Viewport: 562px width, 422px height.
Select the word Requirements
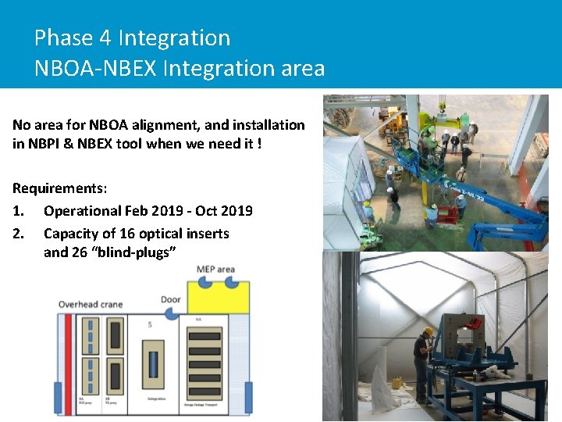tap(58, 188)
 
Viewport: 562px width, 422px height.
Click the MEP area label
tap(215, 270)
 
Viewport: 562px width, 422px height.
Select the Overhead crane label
tap(91, 305)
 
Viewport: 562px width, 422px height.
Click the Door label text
tap(171, 300)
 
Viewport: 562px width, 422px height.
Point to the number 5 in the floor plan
tap(149, 324)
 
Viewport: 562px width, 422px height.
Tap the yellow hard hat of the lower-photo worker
tap(428, 331)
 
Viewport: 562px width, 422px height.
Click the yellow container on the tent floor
tap(397, 383)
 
